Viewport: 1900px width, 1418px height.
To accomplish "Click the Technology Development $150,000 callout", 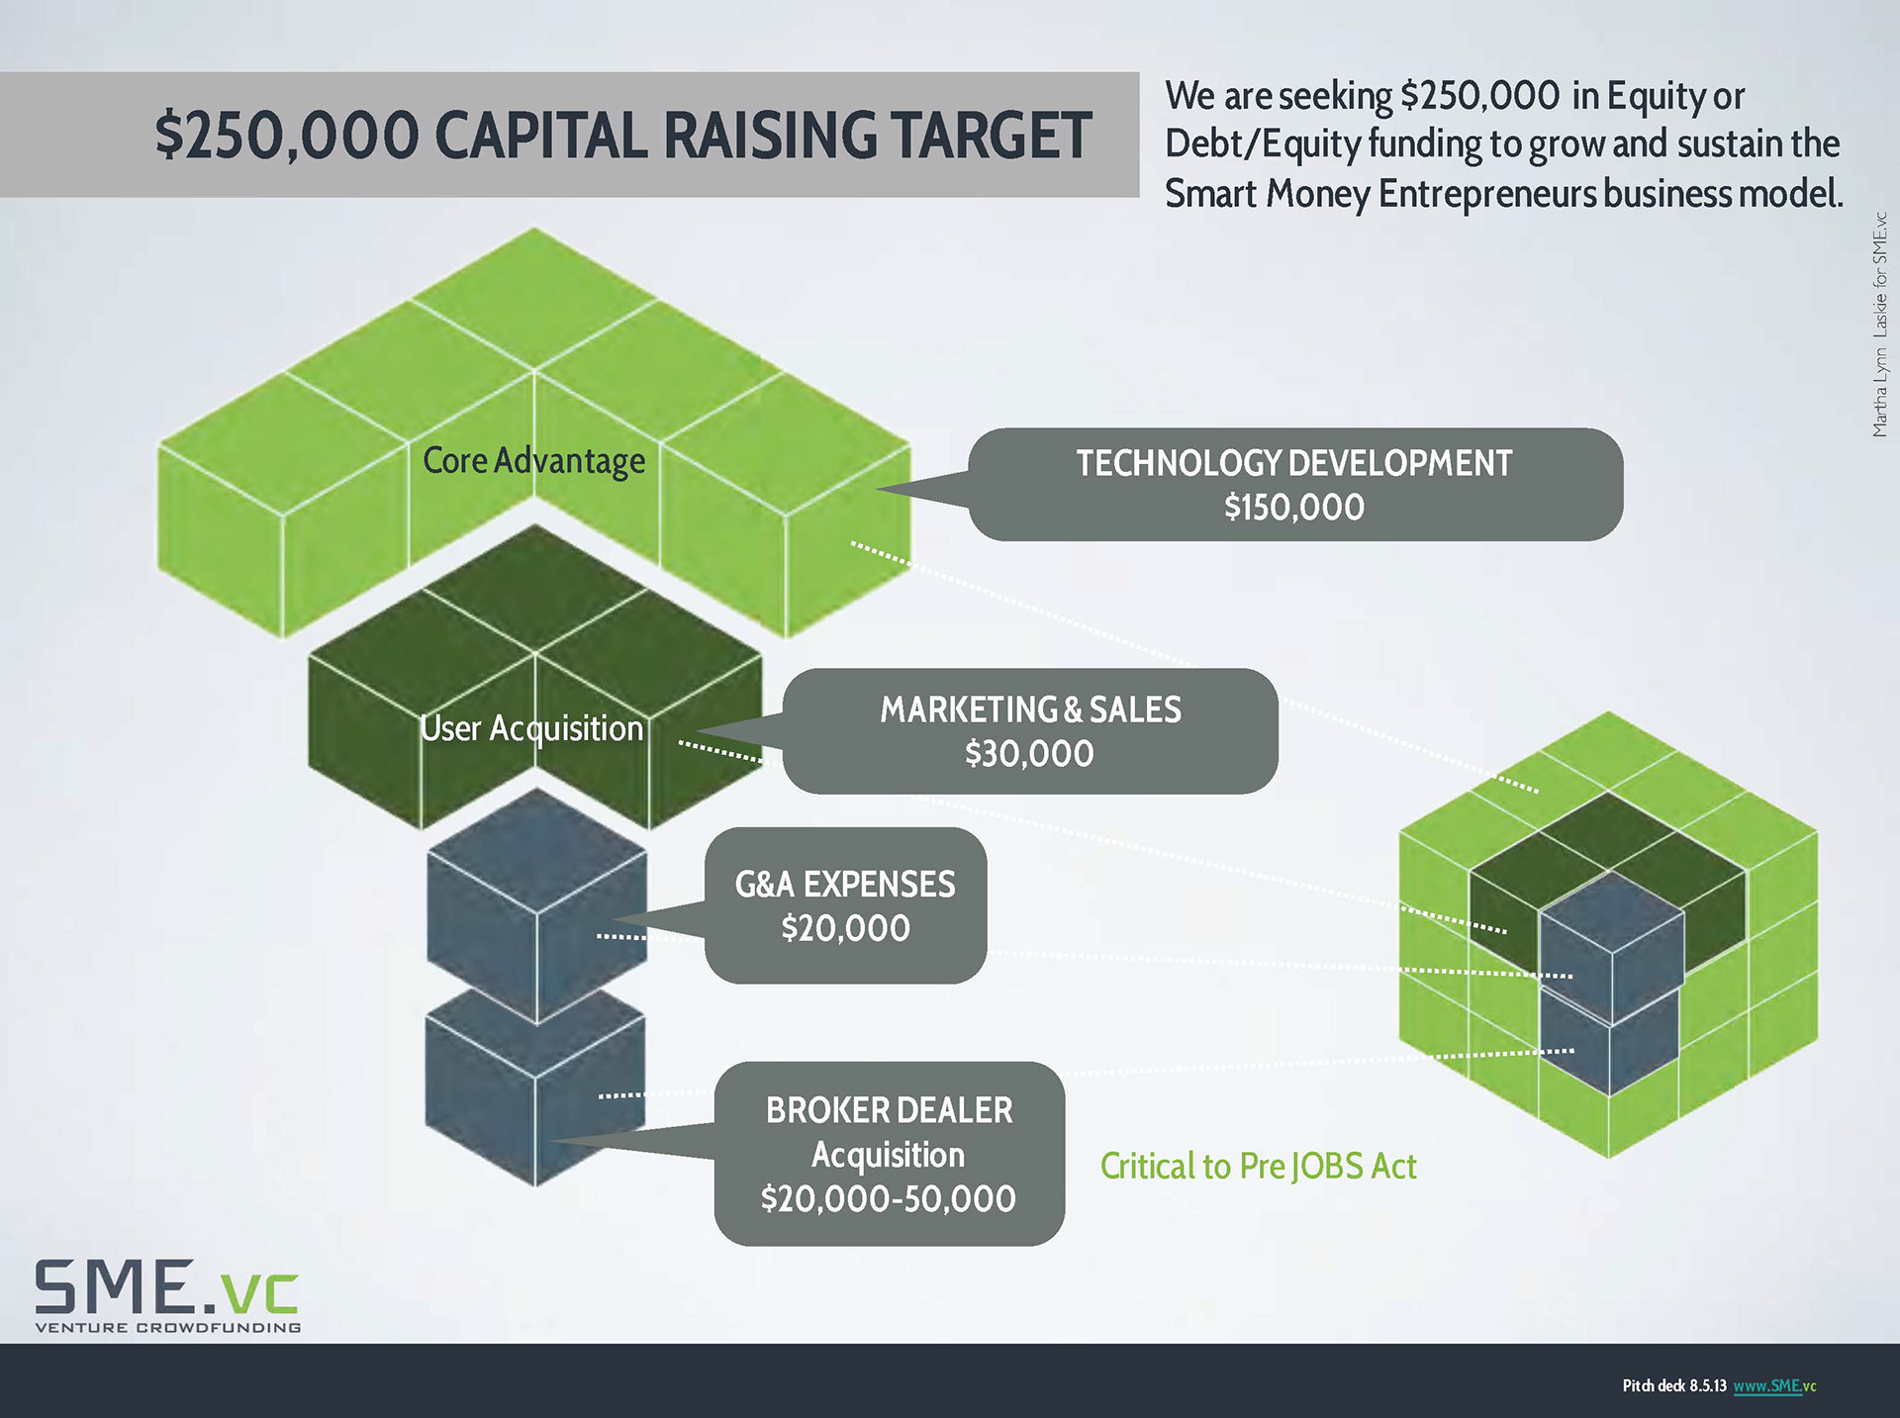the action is point(1294,485).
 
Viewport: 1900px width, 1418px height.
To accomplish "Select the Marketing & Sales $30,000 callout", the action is point(1029,731).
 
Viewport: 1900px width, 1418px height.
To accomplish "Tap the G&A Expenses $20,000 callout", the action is point(845,905).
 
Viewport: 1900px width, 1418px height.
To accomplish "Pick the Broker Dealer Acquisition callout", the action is point(889,1154).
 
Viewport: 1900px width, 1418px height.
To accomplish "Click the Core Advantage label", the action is point(533,461).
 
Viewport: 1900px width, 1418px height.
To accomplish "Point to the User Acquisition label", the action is point(532,729).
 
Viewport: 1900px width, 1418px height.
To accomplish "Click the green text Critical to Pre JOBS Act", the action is point(1258,1167).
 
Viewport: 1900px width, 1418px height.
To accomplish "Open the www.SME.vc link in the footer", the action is point(1774,1386).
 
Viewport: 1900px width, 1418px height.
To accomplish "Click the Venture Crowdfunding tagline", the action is point(168,1328).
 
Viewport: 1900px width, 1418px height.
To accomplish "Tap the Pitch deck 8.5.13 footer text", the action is point(1673,1386).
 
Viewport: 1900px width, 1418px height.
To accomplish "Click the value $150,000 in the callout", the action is point(1294,508).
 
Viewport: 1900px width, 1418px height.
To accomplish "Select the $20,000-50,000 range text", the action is point(888,1199).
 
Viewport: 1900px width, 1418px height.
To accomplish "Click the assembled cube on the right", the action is point(1608,935).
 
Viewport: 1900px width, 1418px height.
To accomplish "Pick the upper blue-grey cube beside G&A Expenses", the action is point(536,905).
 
